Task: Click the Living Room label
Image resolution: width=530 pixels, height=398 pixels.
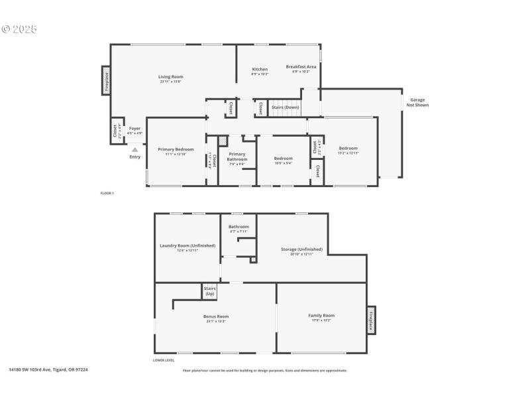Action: point(170,77)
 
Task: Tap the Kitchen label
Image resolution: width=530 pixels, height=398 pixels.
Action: point(260,70)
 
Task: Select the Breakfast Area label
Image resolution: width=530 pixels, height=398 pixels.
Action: point(301,66)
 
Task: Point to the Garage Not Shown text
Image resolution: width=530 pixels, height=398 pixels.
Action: point(417,101)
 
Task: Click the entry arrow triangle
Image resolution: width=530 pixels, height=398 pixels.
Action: point(135,150)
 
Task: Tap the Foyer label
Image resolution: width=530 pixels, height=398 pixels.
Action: point(134,128)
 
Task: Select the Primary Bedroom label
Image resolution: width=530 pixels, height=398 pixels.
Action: point(176,149)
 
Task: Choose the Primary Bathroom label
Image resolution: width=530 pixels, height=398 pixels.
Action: point(237,157)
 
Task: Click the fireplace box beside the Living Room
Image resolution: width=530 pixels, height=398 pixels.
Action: point(105,80)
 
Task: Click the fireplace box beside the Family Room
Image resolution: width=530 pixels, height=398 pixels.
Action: point(371,320)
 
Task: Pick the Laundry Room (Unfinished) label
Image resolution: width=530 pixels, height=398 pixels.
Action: point(187,246)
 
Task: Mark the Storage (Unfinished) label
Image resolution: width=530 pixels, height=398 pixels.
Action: point(301,249)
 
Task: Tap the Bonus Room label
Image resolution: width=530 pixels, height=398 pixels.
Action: point(216,316)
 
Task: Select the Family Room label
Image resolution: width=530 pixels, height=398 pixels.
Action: point(321,315)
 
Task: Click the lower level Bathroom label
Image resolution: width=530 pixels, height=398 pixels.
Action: point(238,227)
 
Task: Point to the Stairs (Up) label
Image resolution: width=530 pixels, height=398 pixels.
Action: point(210,291)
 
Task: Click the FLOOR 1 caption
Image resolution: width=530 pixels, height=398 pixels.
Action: point(107,193)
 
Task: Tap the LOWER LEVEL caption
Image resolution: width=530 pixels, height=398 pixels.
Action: point(164,360)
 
